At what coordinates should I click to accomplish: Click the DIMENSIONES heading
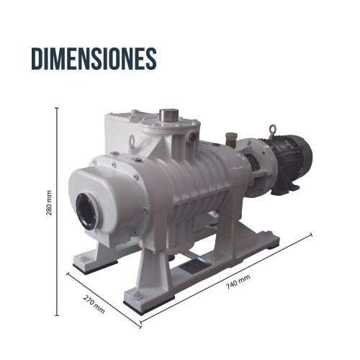pos(94,58)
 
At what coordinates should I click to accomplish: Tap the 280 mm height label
pos(49,203)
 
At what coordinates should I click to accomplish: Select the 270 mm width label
pos(94,304)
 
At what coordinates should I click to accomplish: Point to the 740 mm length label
pos(238,282)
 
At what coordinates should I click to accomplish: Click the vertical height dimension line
pos(57,212)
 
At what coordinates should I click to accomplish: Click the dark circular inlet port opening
pos(87,211)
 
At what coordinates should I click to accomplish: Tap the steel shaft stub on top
pos(169,115)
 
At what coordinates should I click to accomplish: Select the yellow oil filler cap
pos(231,139)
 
